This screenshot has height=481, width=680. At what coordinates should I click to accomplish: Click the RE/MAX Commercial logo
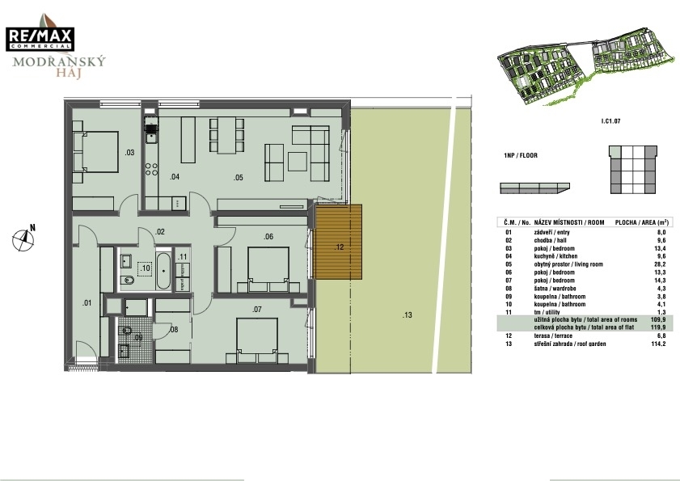point(40,39)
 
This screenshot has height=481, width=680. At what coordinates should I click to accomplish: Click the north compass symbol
point(23,239)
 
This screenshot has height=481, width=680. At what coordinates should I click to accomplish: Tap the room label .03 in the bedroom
point(129,152)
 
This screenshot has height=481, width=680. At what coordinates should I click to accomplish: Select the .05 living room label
point(238,177)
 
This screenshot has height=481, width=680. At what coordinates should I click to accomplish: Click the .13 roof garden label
point(407,315)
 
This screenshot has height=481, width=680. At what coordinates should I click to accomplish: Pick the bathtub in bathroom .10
point(163,270)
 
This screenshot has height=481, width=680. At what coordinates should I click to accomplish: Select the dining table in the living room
point(227,135)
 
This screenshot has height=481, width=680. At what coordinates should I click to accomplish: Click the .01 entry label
point(87,302)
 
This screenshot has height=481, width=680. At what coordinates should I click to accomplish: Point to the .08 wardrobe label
point(174,330)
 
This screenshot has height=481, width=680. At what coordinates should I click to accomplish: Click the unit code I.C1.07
point(610,121)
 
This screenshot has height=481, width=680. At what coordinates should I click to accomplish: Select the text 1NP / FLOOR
point(521,155)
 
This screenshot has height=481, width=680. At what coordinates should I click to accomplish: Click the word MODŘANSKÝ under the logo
point(59,61)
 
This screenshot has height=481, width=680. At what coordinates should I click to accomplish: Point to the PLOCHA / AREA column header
point(642,222)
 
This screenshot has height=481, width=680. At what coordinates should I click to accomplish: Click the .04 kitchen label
point(175,177)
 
